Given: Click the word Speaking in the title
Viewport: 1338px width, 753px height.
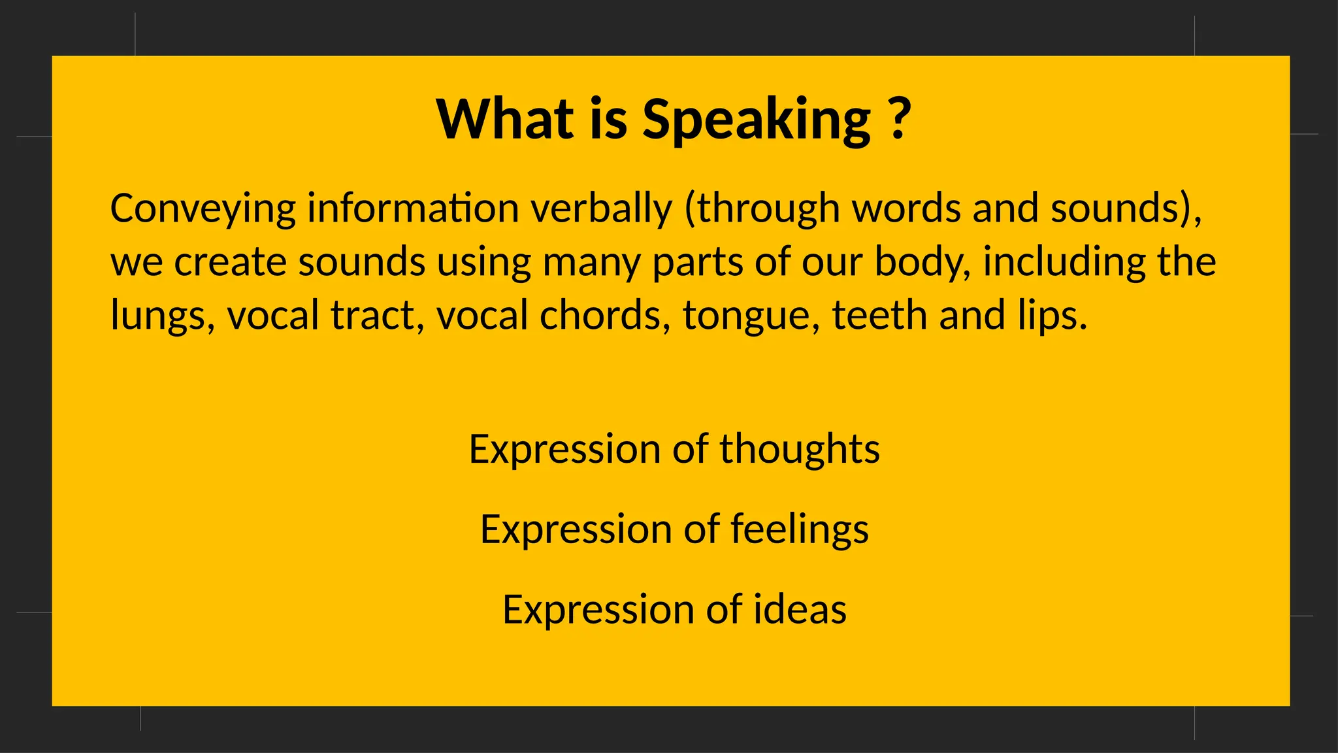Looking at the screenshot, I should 756,120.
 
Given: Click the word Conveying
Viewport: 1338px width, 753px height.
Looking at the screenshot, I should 203,209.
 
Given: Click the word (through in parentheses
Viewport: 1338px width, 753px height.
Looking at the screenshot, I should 762,209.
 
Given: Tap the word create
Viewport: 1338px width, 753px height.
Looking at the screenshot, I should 230,262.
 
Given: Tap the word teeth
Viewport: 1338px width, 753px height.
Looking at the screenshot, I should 879,315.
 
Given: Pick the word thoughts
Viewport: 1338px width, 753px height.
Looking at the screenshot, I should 800,450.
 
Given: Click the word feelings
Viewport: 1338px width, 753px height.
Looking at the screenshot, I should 800,529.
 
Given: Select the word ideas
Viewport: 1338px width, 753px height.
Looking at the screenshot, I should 800,609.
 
